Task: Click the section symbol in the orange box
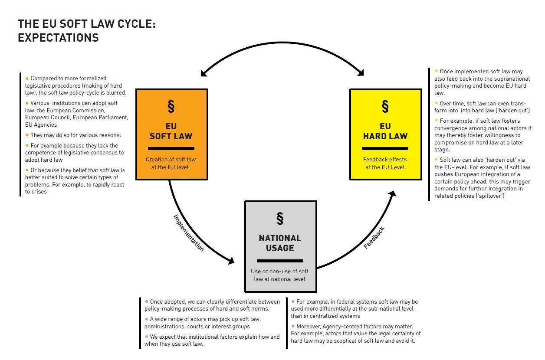point(171,106)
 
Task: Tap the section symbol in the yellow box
point(385,106)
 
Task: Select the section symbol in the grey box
point(280,218)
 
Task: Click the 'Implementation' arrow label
point(189,233)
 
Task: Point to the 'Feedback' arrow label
point(374,238)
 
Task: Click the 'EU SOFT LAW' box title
point(171,131)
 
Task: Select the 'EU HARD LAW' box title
point(385,131)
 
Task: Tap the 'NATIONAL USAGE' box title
point(280,243)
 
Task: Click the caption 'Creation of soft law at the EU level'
point(171,163)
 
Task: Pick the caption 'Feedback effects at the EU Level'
point(385,163)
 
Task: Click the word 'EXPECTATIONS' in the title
point(58,38)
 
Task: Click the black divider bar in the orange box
point(171,148)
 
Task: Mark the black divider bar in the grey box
point(280,261)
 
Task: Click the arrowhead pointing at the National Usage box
point(231,261)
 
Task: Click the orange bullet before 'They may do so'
point(27,135)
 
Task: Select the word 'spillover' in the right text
point(490,196)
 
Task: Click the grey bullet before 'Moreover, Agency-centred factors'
point(293,326)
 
